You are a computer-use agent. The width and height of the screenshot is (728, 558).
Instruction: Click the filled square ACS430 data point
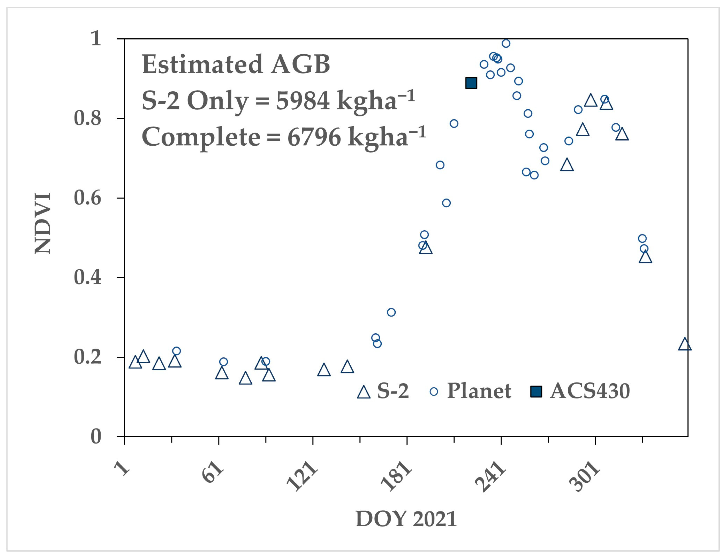[471, 83]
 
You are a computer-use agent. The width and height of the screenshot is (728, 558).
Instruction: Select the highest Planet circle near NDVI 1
[506, 44]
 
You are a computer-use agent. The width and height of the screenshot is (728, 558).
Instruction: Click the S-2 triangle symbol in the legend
[363, 392]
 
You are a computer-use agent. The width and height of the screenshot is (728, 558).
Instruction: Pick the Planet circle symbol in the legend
[434, 392]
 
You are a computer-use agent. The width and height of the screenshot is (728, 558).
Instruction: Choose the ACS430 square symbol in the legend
[536, 392]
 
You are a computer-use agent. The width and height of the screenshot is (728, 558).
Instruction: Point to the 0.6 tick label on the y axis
[87, 198]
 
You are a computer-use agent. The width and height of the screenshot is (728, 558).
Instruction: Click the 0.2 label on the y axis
[87, 357]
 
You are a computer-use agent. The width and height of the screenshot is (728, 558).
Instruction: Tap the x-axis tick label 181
[397, 476]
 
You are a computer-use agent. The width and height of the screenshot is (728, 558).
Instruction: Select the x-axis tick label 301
[585, 476]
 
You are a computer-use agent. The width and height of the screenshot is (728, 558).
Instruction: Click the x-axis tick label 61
[213, 472]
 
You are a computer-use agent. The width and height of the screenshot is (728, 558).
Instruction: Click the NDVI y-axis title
[43, 223]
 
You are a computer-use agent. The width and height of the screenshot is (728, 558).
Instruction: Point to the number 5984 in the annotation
[302, 101]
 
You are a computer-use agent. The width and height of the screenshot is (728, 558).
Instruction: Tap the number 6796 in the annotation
[314, 137]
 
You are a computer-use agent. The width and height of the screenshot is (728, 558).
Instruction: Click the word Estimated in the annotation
[203, 64]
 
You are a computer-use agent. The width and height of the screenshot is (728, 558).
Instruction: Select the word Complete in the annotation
[201, 137]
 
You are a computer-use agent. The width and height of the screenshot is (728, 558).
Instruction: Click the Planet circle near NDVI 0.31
[391, 312]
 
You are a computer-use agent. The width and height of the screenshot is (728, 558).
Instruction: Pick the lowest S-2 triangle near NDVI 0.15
[245, 378]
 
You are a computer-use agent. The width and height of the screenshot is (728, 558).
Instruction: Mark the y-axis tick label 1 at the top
[96, 39]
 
